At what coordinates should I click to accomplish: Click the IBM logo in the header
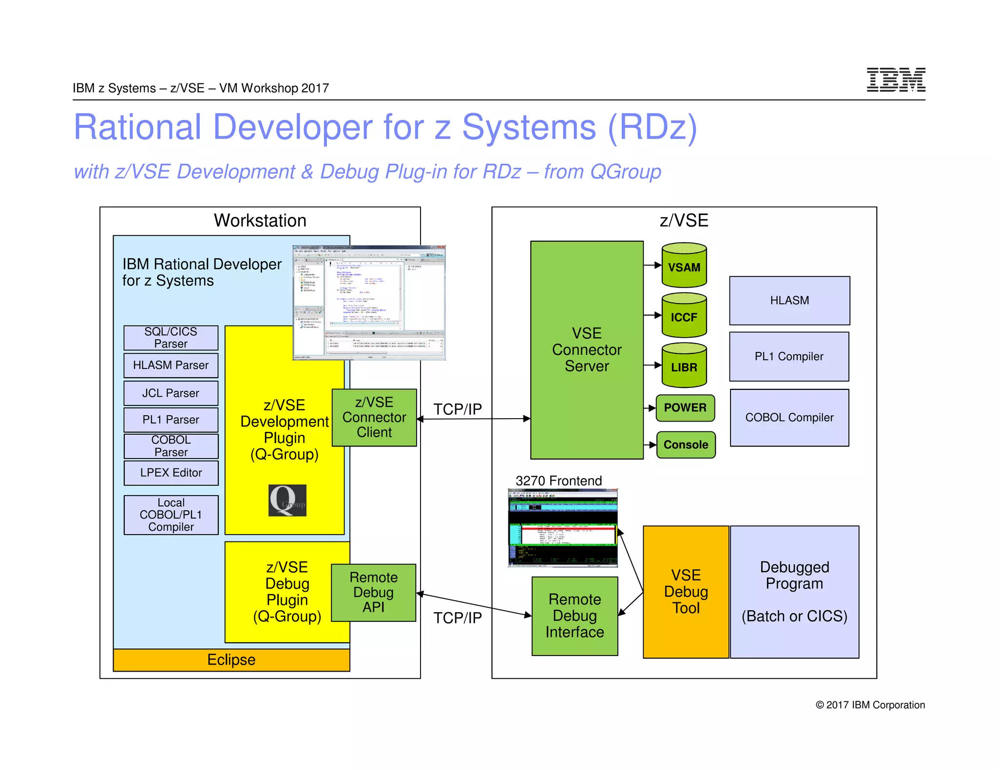click(x=896, y=80)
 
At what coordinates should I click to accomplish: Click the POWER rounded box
click(x=685, y=408)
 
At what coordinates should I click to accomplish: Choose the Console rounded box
click(x=686, y=444)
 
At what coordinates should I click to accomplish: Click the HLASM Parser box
click(x=171, y=365)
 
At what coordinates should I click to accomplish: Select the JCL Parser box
click(x=171, y=393)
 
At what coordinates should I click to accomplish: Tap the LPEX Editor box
click(x=171, y=472)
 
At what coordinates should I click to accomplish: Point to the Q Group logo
click(x=287, y=500)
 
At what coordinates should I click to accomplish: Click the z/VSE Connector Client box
click(x=374, y=417)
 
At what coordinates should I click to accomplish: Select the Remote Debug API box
click(x=373, y=592)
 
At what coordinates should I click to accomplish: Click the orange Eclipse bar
click(x=231, y=659)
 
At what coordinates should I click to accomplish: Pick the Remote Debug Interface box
click(x=575, y=616)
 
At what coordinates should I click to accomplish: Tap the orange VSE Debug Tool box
click(x=686, y=592)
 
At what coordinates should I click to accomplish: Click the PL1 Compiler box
click(x=789, y=356)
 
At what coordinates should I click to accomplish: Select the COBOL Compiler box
click(x=789, y=417)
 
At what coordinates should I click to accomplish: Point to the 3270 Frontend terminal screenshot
click(x=562, y=528)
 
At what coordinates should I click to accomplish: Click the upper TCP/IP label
click(x=457, y=409)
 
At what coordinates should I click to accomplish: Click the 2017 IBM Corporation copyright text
click(x=870, y=705)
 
